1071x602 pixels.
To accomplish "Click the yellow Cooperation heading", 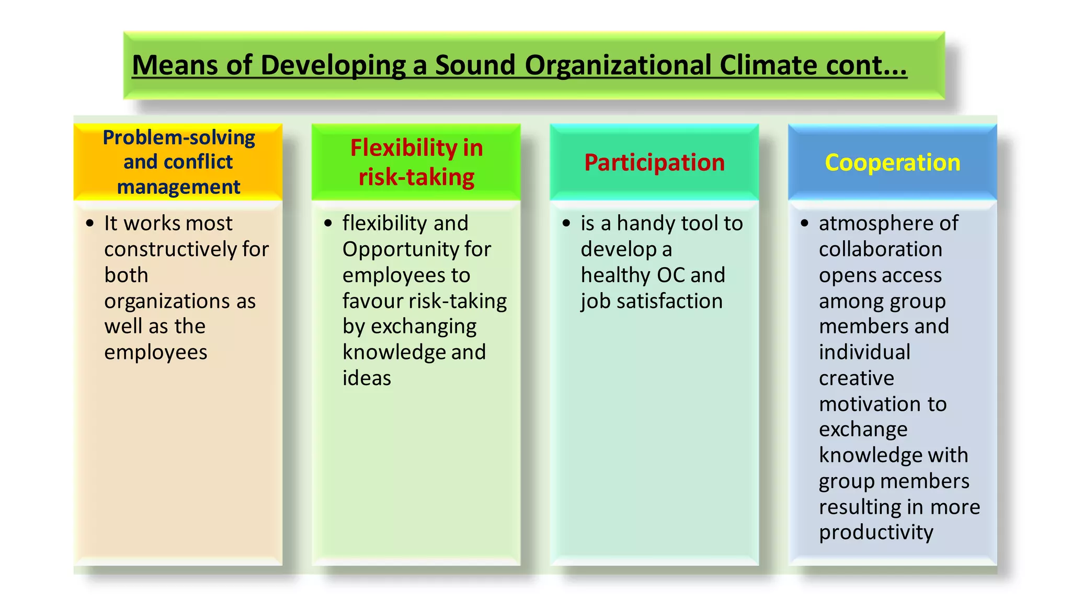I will click(892, 163).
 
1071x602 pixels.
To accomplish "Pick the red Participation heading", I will click(654, 163).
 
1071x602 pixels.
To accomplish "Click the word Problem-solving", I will click(179, 137).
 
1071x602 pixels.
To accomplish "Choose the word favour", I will click(372, 301).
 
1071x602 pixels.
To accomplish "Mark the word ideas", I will click(367, 378).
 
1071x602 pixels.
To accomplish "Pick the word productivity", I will click(876, 532).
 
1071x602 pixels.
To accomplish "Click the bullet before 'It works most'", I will click(90, 224).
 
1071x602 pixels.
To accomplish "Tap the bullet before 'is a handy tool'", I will click(566, 224).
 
